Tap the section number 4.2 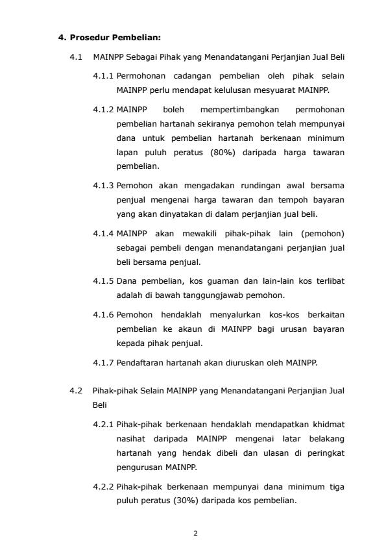[76, 391]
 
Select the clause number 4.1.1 [103, 76]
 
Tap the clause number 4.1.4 [103, 233]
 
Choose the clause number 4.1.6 [103, 314]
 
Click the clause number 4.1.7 [103, 362]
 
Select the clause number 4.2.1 [103, 424]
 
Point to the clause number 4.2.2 [103, 486]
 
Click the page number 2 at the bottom [195, 534]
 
